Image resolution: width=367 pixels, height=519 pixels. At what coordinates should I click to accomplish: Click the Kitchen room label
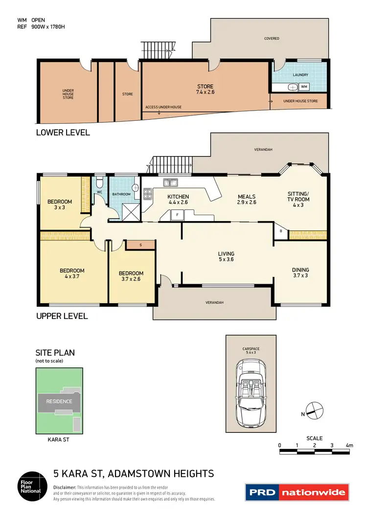pos(178,199)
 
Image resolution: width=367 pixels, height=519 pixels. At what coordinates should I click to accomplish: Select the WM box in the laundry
pos(304,87)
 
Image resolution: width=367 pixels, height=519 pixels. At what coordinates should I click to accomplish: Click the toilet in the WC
pos(99,183)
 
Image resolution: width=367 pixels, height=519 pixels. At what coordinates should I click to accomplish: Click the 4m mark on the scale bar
pos(349,445)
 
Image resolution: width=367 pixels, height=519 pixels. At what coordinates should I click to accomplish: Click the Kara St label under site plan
pos(57,440)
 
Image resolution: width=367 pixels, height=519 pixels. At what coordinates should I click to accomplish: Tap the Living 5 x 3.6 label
pos(226,257)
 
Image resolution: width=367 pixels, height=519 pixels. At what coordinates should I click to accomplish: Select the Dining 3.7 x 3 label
pos(300,272)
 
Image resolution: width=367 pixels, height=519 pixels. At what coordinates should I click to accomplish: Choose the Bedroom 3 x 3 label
pos(60,204)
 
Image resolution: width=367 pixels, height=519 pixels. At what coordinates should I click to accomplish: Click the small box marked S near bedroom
pos(140,244)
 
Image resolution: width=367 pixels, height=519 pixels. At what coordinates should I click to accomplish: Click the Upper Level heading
pos(62,316)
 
